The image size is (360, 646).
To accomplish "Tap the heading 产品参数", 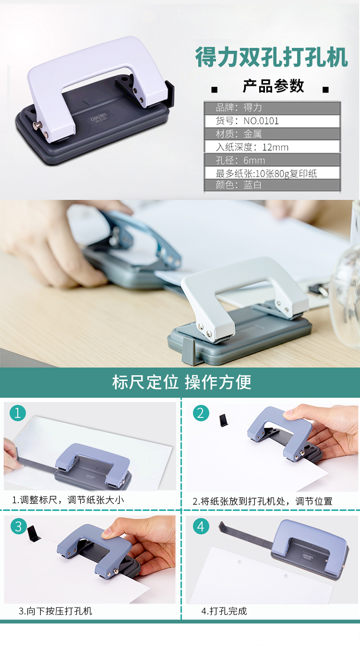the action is click(x=274, y=85).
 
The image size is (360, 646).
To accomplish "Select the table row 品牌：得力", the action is click(x=272, y=108).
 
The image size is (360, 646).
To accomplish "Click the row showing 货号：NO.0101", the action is click(x=272, y=121).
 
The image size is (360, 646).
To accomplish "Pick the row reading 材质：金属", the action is click(x=272, y=134).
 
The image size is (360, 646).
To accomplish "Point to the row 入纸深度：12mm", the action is click(x=272, y=147).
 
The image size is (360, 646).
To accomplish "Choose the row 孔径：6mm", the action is click(x=272, y=160).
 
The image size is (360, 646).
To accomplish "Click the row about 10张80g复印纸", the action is click(x=272, y=173).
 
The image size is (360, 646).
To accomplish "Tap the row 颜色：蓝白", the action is click(x=272, y=185).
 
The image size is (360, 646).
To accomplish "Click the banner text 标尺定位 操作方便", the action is click(x=182, y=382).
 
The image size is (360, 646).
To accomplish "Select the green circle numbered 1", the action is click(x=18, y=413).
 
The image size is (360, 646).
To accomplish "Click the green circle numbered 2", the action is click(x=201, y=413).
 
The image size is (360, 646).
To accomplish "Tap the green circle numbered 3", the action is click(x=19, y=526).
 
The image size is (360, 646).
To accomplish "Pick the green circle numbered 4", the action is click(x=201, y=526).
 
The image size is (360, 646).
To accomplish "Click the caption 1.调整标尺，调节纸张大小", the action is click(x=68, y=500).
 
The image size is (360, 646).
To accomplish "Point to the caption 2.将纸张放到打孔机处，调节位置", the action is click(x=263, y=501).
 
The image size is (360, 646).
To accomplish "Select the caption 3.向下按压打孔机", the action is click(x=55, y=611).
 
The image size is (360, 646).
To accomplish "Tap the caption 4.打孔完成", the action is click(x=224, y=611).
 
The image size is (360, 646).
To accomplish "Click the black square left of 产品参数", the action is click(x=215, y=90).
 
